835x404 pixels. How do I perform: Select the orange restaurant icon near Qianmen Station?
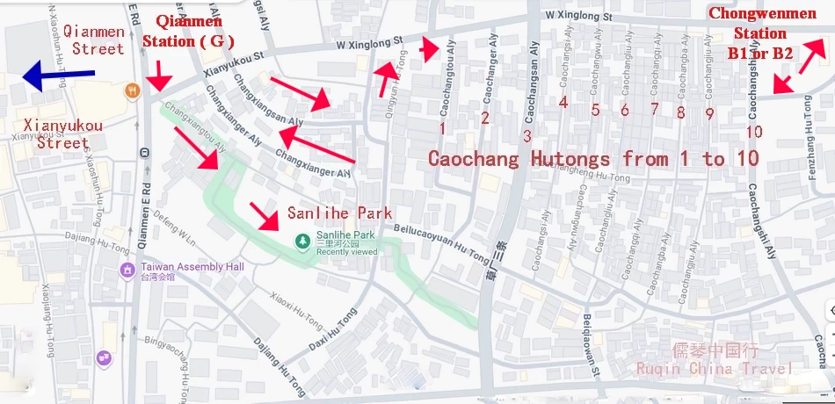pyautogui.click(x=132, y=89)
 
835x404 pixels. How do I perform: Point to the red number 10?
pyautogui.click(x=753, y=132)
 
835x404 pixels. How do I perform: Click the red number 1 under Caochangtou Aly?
pyautogui.click(x=442, y=128)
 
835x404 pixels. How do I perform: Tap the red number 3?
pyautogui.click(x=527, y=135)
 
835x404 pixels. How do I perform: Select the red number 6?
pyautogui.click(x=624, y=110)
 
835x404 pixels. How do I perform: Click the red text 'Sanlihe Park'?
pyautogui.click(x=339, y=213)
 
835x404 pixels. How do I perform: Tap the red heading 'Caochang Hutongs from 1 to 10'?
pyautogui.click(x=593, y=159)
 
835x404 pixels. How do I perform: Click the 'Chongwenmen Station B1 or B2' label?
pyautogui.click(x=759, y=33)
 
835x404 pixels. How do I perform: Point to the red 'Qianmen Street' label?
pyautogui.click(x=98, y=40)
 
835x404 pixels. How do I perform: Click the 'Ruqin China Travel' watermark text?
pyautogui.click(x=715, y=368)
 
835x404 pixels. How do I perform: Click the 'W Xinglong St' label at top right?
pyautogui.click(x=577, y=15)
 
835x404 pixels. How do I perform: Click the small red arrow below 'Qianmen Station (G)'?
pyautogui.click(x=158, y=76)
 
